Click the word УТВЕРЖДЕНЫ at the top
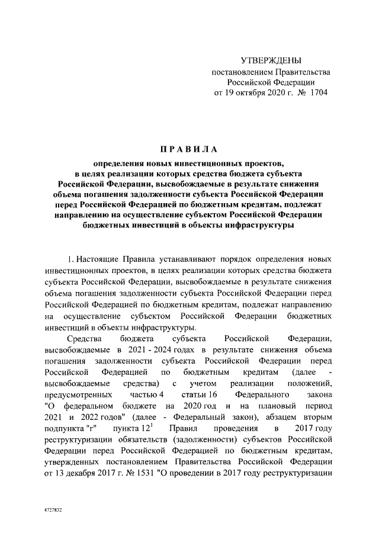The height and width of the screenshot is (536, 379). click(x=271, y=61)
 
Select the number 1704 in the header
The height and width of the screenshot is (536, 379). click(x=318, y=93)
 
